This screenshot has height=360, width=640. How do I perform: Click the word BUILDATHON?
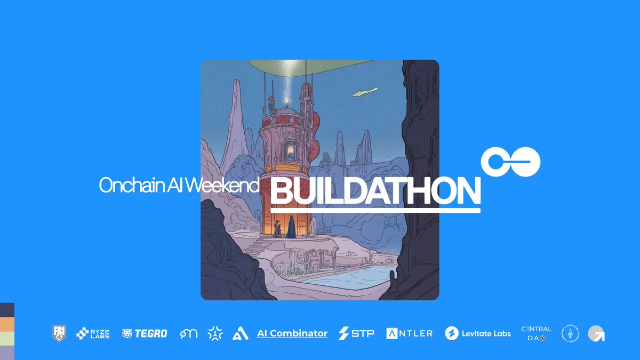coord(375,190)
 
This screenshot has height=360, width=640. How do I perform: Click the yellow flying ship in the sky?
coord(365,92)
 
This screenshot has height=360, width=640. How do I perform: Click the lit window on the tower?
coord(290,150)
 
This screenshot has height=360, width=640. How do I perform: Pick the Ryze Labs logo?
coord(93,333)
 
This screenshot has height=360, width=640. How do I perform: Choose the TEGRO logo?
coord(145,333)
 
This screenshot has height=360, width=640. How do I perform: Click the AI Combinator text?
coord(292,333)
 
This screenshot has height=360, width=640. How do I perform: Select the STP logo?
coord(356,333)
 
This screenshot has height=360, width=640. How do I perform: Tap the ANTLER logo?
coord(409,333)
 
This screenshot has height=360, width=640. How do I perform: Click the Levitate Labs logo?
coord(478,333)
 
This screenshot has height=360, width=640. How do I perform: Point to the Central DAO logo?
coord(537,333)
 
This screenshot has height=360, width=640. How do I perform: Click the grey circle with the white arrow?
coord(596,334)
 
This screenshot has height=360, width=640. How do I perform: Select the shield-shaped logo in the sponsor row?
coord(60,333)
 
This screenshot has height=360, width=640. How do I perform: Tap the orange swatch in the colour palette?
coord(7,324)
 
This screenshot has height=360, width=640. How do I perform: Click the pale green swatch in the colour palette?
coord(7,339)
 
